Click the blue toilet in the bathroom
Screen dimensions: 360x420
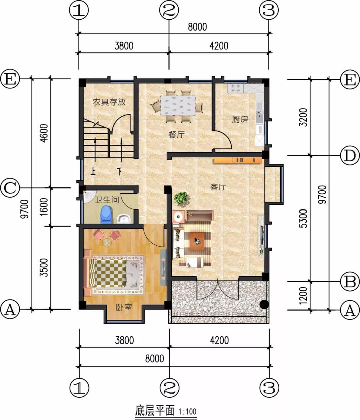point(106,215)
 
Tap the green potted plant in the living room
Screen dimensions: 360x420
point(181,198)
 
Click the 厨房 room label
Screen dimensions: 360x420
point(240,119)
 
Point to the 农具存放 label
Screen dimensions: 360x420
point(109,102)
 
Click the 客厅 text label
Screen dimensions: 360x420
point(218,187)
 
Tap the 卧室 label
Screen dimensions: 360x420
point(124,307)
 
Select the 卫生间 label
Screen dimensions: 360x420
point(107,200)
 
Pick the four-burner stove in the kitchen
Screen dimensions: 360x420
point(235,89)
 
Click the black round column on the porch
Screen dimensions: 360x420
point(264,304)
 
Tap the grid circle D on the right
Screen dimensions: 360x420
point(349,156)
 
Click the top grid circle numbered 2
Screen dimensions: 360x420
point(169,10)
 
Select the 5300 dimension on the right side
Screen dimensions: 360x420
point(303,218)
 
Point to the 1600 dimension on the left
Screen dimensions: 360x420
point(44,207)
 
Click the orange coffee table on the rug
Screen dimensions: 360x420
point(197,241)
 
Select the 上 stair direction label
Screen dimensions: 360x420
point(93,172)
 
